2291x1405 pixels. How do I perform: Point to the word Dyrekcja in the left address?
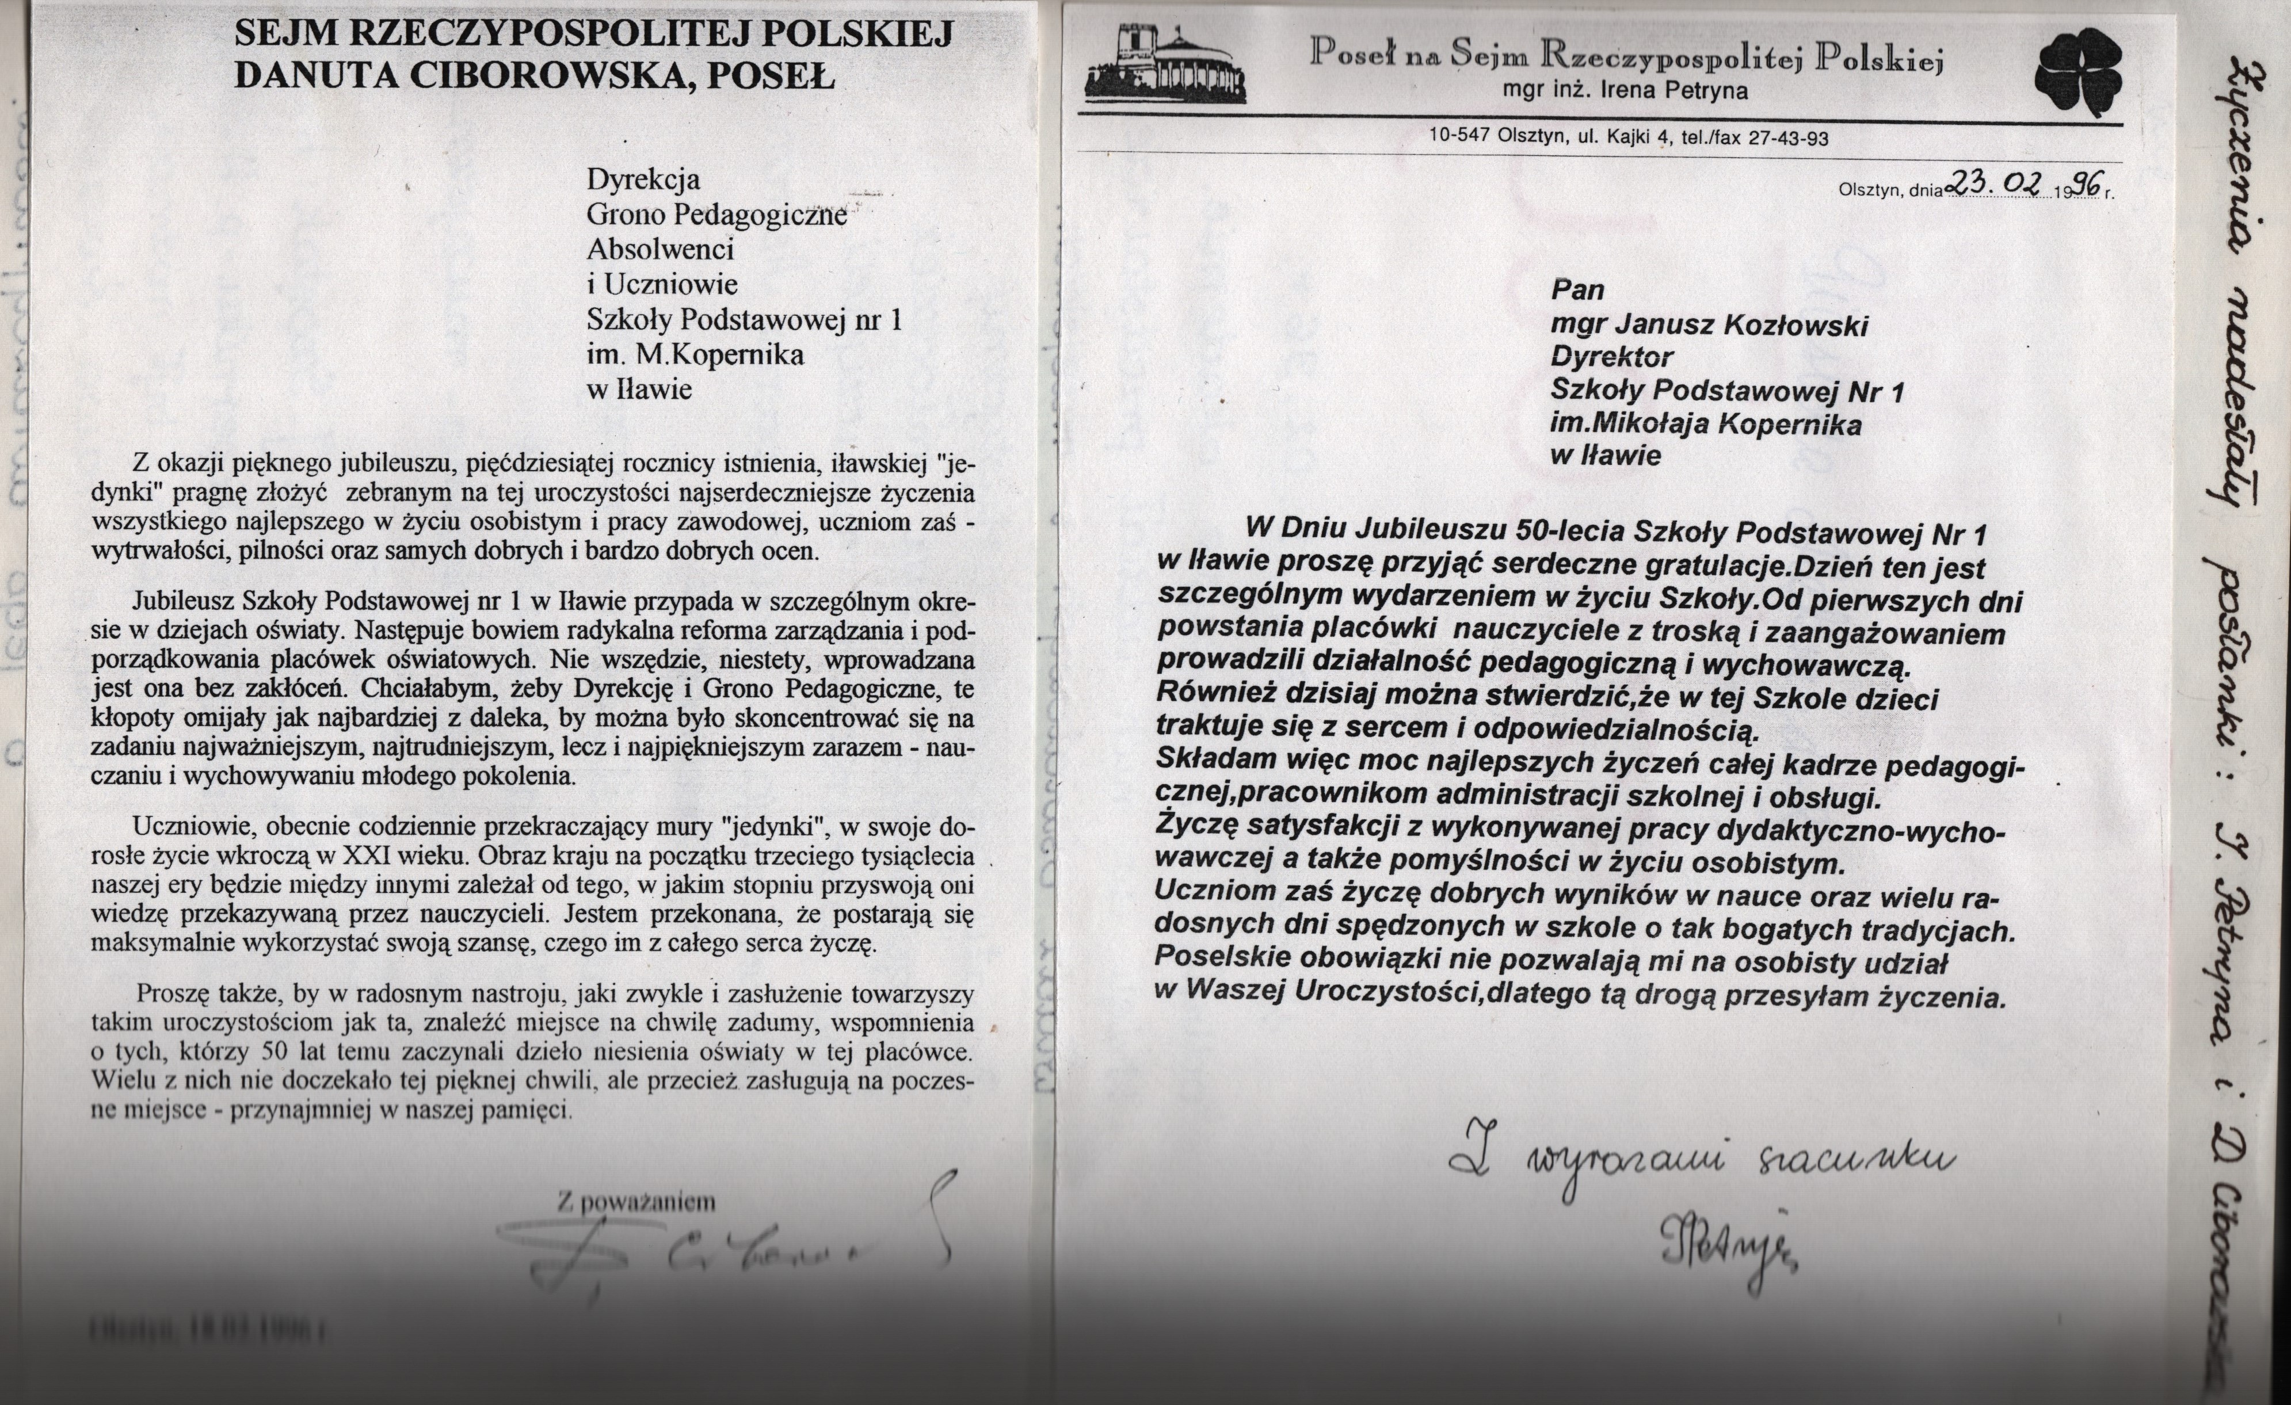click(x=642, y=178)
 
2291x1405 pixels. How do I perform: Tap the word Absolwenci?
click(x=660, y=249)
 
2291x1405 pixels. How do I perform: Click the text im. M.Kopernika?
click(x=695, y=354)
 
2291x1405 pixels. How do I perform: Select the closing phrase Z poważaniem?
click(x=637, y=1201)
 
